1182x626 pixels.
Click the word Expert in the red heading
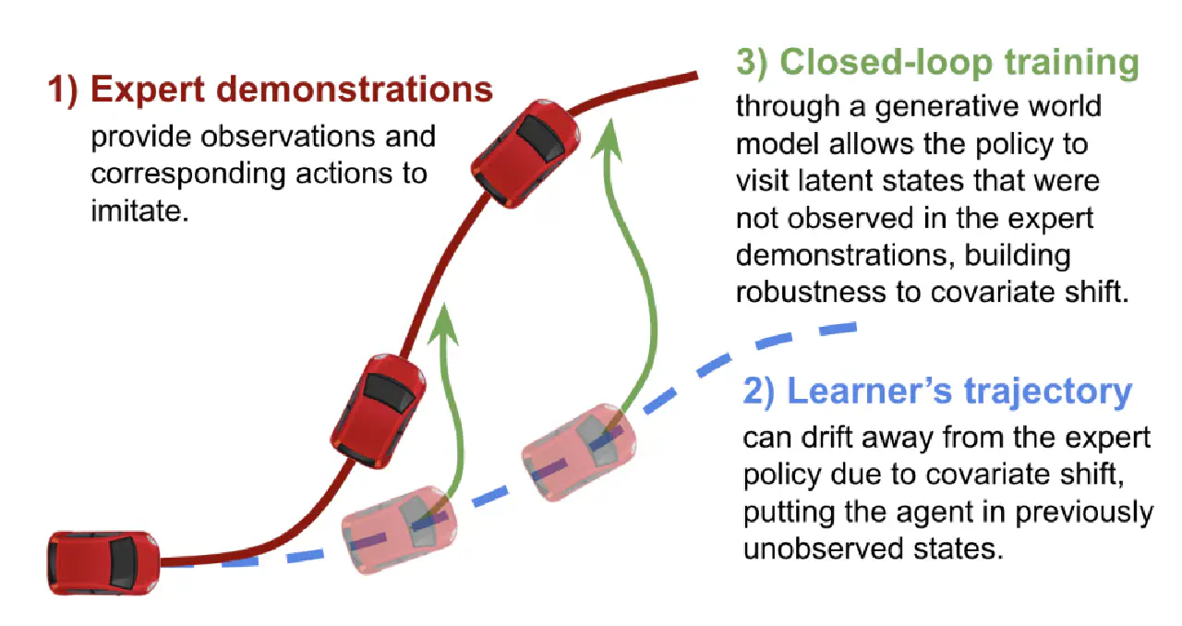(x=147, y=90)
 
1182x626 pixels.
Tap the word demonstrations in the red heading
(x=355, y=89)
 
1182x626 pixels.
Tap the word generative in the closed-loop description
(x=939, y=107)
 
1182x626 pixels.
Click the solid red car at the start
(x=103, y=563)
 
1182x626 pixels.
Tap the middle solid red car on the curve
(x=379, y=411)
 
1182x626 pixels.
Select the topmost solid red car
(x=525, y=153)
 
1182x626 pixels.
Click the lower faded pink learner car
(x=400, y=529)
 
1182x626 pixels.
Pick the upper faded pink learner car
(x=579, y=452)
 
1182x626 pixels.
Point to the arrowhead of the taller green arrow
(x=609, y=138)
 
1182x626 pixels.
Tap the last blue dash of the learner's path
(x=838, y=329)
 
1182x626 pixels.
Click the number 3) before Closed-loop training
(x=752, y=63)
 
